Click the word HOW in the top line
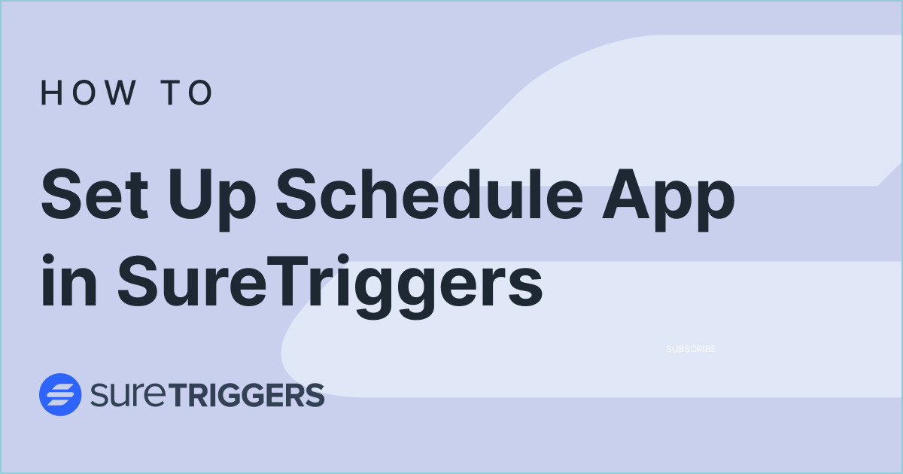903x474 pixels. [x=89, y=93]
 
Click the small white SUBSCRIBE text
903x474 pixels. [x=691, y=349]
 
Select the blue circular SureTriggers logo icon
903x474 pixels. [x=60, y=394]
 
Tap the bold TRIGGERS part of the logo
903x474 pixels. [x=257, y=395]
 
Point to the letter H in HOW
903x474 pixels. [x=50, y=93]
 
